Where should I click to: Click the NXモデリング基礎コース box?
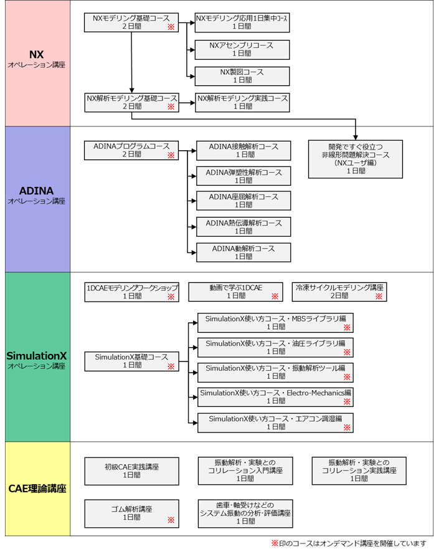click(x=131, y=23)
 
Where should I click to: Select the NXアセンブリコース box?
click(x=242, y=49)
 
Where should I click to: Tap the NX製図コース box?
click(x=242, y=76)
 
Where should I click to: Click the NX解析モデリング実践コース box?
click(x=242, y=102)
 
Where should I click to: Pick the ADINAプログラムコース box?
click(x=131, y=150)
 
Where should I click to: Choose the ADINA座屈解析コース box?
click(x=243, y=201)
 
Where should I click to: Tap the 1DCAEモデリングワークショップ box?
click(x=131, y=292)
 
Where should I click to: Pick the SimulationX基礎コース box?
click(x=131, y=361)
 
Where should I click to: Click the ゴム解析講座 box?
click(x=131, y=513)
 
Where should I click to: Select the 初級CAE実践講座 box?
click(x=131, y=470)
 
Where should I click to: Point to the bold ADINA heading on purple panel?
click(x=35, y=189)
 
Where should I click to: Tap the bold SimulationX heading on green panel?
click(x=35, y=355)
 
